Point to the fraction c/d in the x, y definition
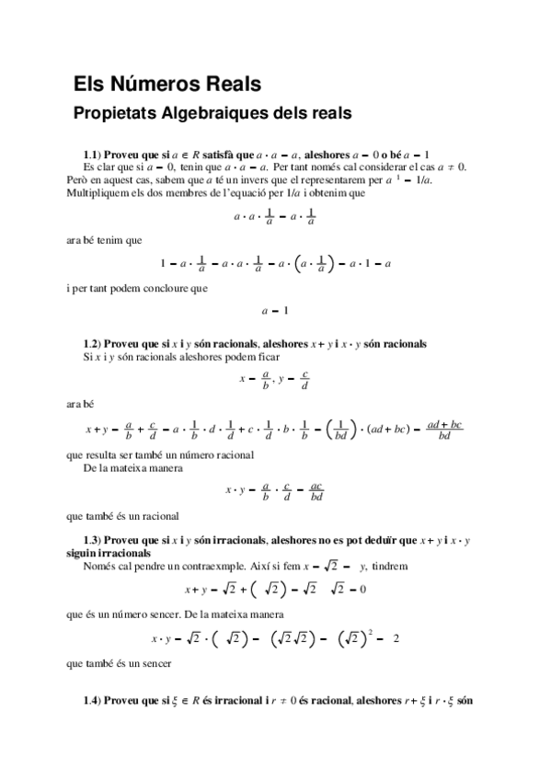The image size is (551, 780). click(304, 380)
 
